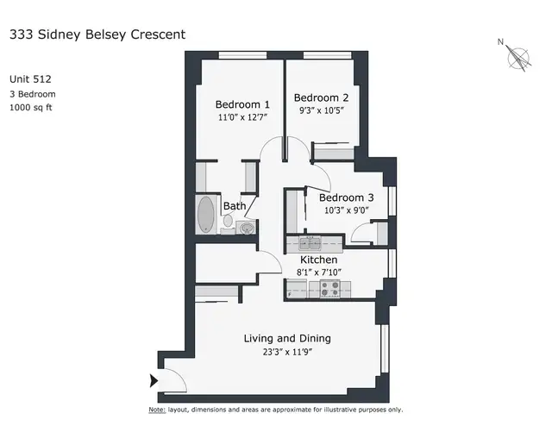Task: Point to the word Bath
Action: click(x=234, y=207)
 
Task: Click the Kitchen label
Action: click(x=318, y=260)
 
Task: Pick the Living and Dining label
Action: click(x=287, y=338)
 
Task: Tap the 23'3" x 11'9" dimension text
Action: click(x=287, y=352)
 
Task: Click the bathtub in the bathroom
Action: click(x=206, y=216)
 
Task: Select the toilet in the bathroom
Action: click(x=229, y=222)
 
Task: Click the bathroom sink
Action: click(x=247, y=228)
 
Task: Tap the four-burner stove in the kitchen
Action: click(x=329, y=289)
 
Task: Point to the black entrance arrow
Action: click(x=154, y=380)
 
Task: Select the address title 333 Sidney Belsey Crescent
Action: click(x=97, y=35)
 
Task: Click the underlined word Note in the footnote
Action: click(x=156, y=410)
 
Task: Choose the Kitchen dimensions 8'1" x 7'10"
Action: click(x=318, y=273)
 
